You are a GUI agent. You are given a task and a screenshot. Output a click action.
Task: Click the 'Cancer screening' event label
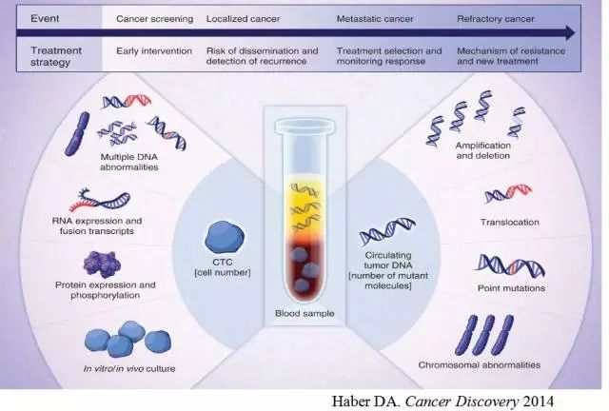tap(154, 18)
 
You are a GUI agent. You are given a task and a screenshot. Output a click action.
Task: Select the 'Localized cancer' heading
tap(241, 18)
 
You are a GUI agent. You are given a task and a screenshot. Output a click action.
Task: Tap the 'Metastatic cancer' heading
tap(376, 18)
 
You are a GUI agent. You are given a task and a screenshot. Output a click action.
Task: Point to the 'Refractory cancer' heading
tap(494, 18)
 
